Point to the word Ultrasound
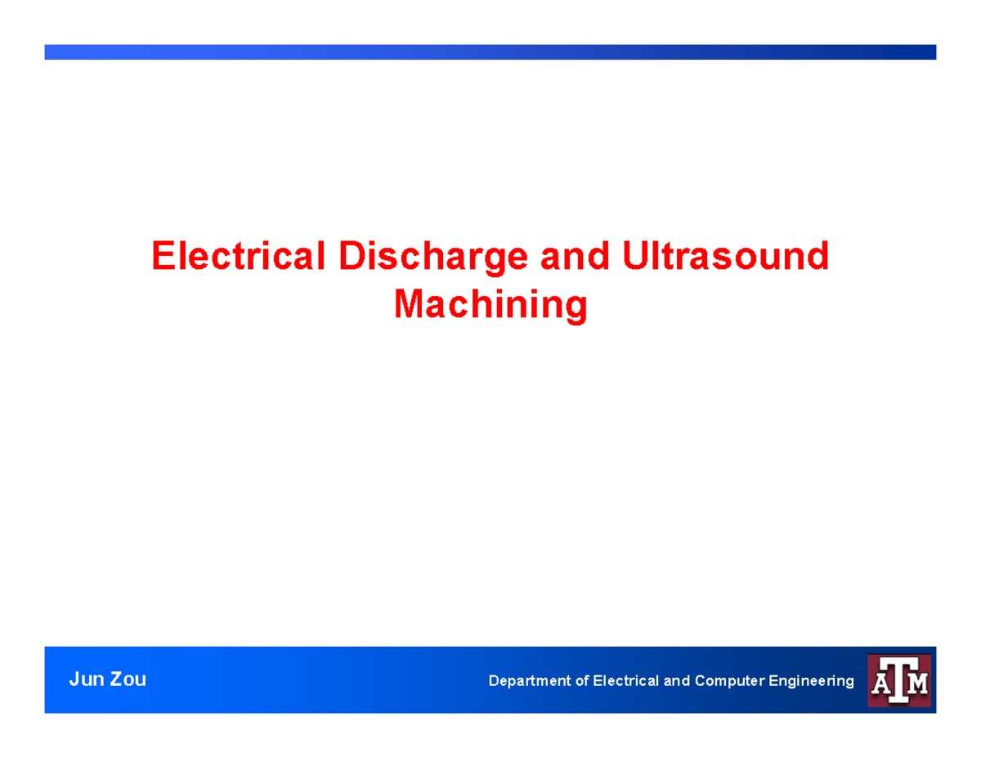click(725, 257)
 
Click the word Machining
click(490, 305)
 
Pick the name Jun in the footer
click(84, 679)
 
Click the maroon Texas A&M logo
click(898, 680)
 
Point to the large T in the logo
click(899, 679)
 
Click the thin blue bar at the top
click(490, 52)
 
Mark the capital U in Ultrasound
click(635, 257)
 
